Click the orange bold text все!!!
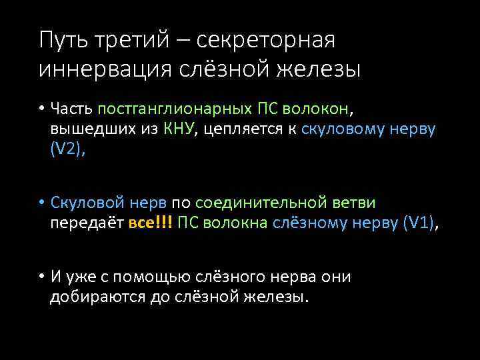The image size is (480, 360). [150, 221]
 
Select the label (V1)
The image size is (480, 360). [418, 221]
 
